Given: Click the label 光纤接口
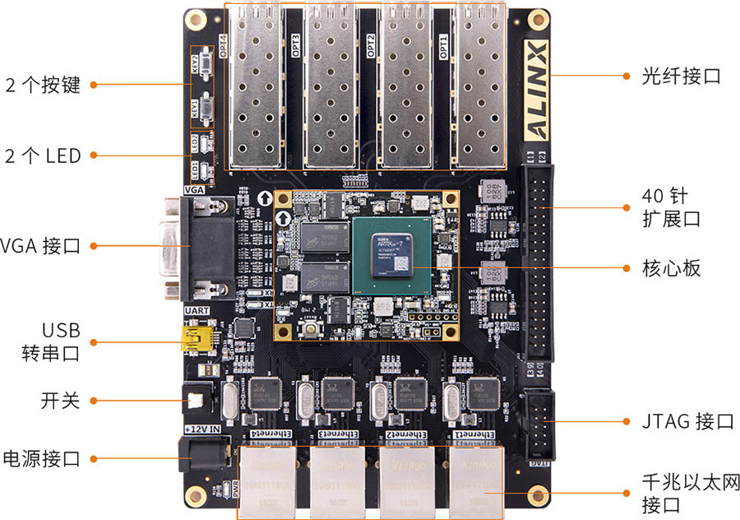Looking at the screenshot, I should coord(682,77).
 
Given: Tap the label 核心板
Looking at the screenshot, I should coord(672,268).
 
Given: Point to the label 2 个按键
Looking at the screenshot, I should coord(43,85).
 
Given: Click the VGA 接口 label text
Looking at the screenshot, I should coord(41,245).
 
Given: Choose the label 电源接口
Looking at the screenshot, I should coord(42,458).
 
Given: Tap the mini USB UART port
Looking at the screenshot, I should coord(198,339).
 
